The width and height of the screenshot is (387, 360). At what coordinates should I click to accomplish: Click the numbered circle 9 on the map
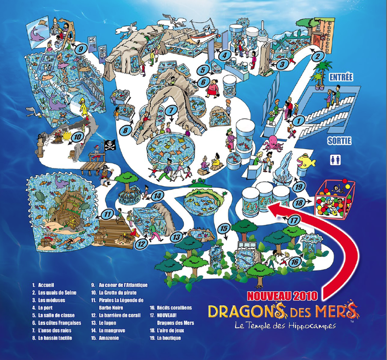[x=81, y=48]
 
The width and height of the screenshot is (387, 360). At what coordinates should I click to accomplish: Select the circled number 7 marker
[x=170, y=111]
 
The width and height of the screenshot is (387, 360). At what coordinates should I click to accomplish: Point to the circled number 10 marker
[x=77, y=137]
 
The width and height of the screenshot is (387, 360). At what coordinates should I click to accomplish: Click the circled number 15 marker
[x=223, y=228]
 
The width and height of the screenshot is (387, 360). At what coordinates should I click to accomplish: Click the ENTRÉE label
[x=341, y=77]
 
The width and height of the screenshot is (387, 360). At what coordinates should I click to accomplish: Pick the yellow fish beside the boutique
[x=306, y=161]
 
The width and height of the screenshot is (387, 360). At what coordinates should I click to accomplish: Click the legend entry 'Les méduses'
[x=51, y=300]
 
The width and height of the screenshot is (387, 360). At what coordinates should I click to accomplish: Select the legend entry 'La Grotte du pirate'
[x=119, y=293]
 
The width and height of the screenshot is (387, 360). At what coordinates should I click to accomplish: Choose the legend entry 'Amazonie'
[x=107, y=338]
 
